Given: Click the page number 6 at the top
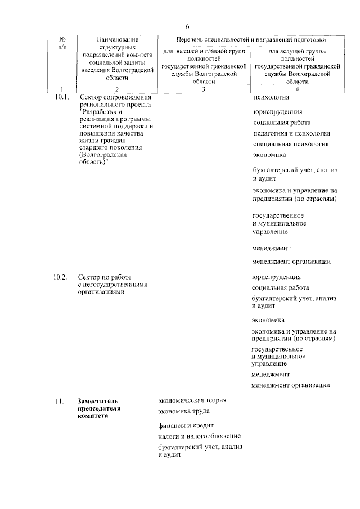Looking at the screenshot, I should pos(187,27).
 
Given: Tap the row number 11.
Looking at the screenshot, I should pos(58,400).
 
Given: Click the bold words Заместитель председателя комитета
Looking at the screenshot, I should pos(99,408).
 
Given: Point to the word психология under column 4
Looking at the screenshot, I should pos(272,98).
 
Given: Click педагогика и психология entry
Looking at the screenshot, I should pos(291,133).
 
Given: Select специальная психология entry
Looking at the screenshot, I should pos(290,144).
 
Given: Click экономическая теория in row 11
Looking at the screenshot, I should pos(192,400).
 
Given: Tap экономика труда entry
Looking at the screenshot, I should pos(184,411).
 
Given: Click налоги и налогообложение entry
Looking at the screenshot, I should pos(199,436).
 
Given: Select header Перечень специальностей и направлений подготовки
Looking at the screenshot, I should pos(250,40).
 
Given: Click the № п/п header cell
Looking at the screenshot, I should pos(62,43).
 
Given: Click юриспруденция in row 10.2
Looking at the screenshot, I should pos(276,277).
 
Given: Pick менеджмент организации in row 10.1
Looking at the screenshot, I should pos(291,261).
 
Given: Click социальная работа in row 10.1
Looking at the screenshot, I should pos(281,123).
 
